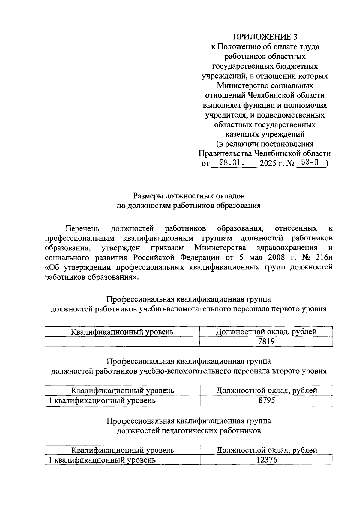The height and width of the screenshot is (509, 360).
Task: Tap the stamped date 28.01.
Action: [x=231, y=163]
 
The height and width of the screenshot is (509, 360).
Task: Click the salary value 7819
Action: [x=266, y=341]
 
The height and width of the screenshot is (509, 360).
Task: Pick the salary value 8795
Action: [x=266, y=400]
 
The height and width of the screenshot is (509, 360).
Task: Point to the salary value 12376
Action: [x=266, y=460]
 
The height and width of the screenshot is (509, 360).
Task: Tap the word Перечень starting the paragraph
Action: [x=82, y=228]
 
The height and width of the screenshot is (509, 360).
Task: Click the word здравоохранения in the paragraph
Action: [x=287, y=248]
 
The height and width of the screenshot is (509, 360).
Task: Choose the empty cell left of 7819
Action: [x=122, y=341]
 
